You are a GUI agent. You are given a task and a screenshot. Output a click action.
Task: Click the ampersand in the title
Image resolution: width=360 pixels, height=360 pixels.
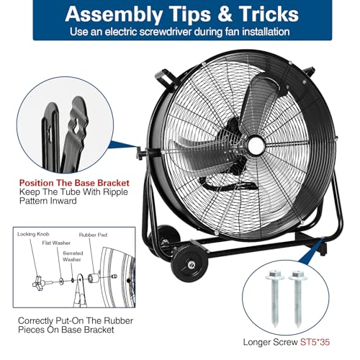click(225, 14)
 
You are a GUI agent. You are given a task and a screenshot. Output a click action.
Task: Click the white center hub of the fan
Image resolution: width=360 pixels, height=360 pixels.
click(256, 145)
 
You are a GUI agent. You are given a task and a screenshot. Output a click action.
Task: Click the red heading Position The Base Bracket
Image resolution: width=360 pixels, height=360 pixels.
click(74, 183)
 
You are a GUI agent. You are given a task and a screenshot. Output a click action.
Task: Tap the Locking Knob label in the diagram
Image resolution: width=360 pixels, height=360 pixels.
click(33, 234)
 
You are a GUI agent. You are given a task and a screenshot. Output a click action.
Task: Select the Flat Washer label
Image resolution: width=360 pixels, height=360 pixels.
click(56, 243)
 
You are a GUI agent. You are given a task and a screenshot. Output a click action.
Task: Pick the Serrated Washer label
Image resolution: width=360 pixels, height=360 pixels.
click(73, 256)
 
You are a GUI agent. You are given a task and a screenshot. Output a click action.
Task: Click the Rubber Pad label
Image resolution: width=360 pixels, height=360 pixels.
click(93, 235)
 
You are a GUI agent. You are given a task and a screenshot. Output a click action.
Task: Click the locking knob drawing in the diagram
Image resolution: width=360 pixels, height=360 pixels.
click(38, 284)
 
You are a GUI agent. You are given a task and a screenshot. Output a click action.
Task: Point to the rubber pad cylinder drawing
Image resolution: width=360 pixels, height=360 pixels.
click(93, 279)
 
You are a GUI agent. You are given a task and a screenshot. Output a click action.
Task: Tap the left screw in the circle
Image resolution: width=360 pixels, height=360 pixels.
click(275, 298)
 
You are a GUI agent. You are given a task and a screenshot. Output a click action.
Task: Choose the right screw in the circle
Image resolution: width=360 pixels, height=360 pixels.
click(298, 298)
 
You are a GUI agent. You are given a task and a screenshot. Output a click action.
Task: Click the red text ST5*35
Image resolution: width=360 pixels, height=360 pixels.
click(315, 342)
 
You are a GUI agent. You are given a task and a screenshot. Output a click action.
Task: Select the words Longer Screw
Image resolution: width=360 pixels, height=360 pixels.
click(271, 342)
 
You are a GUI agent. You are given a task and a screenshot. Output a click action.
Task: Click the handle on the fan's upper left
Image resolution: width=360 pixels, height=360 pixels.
click(166, 77)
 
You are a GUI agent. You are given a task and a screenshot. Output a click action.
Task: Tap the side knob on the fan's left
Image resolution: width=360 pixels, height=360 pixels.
click(141, 153)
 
